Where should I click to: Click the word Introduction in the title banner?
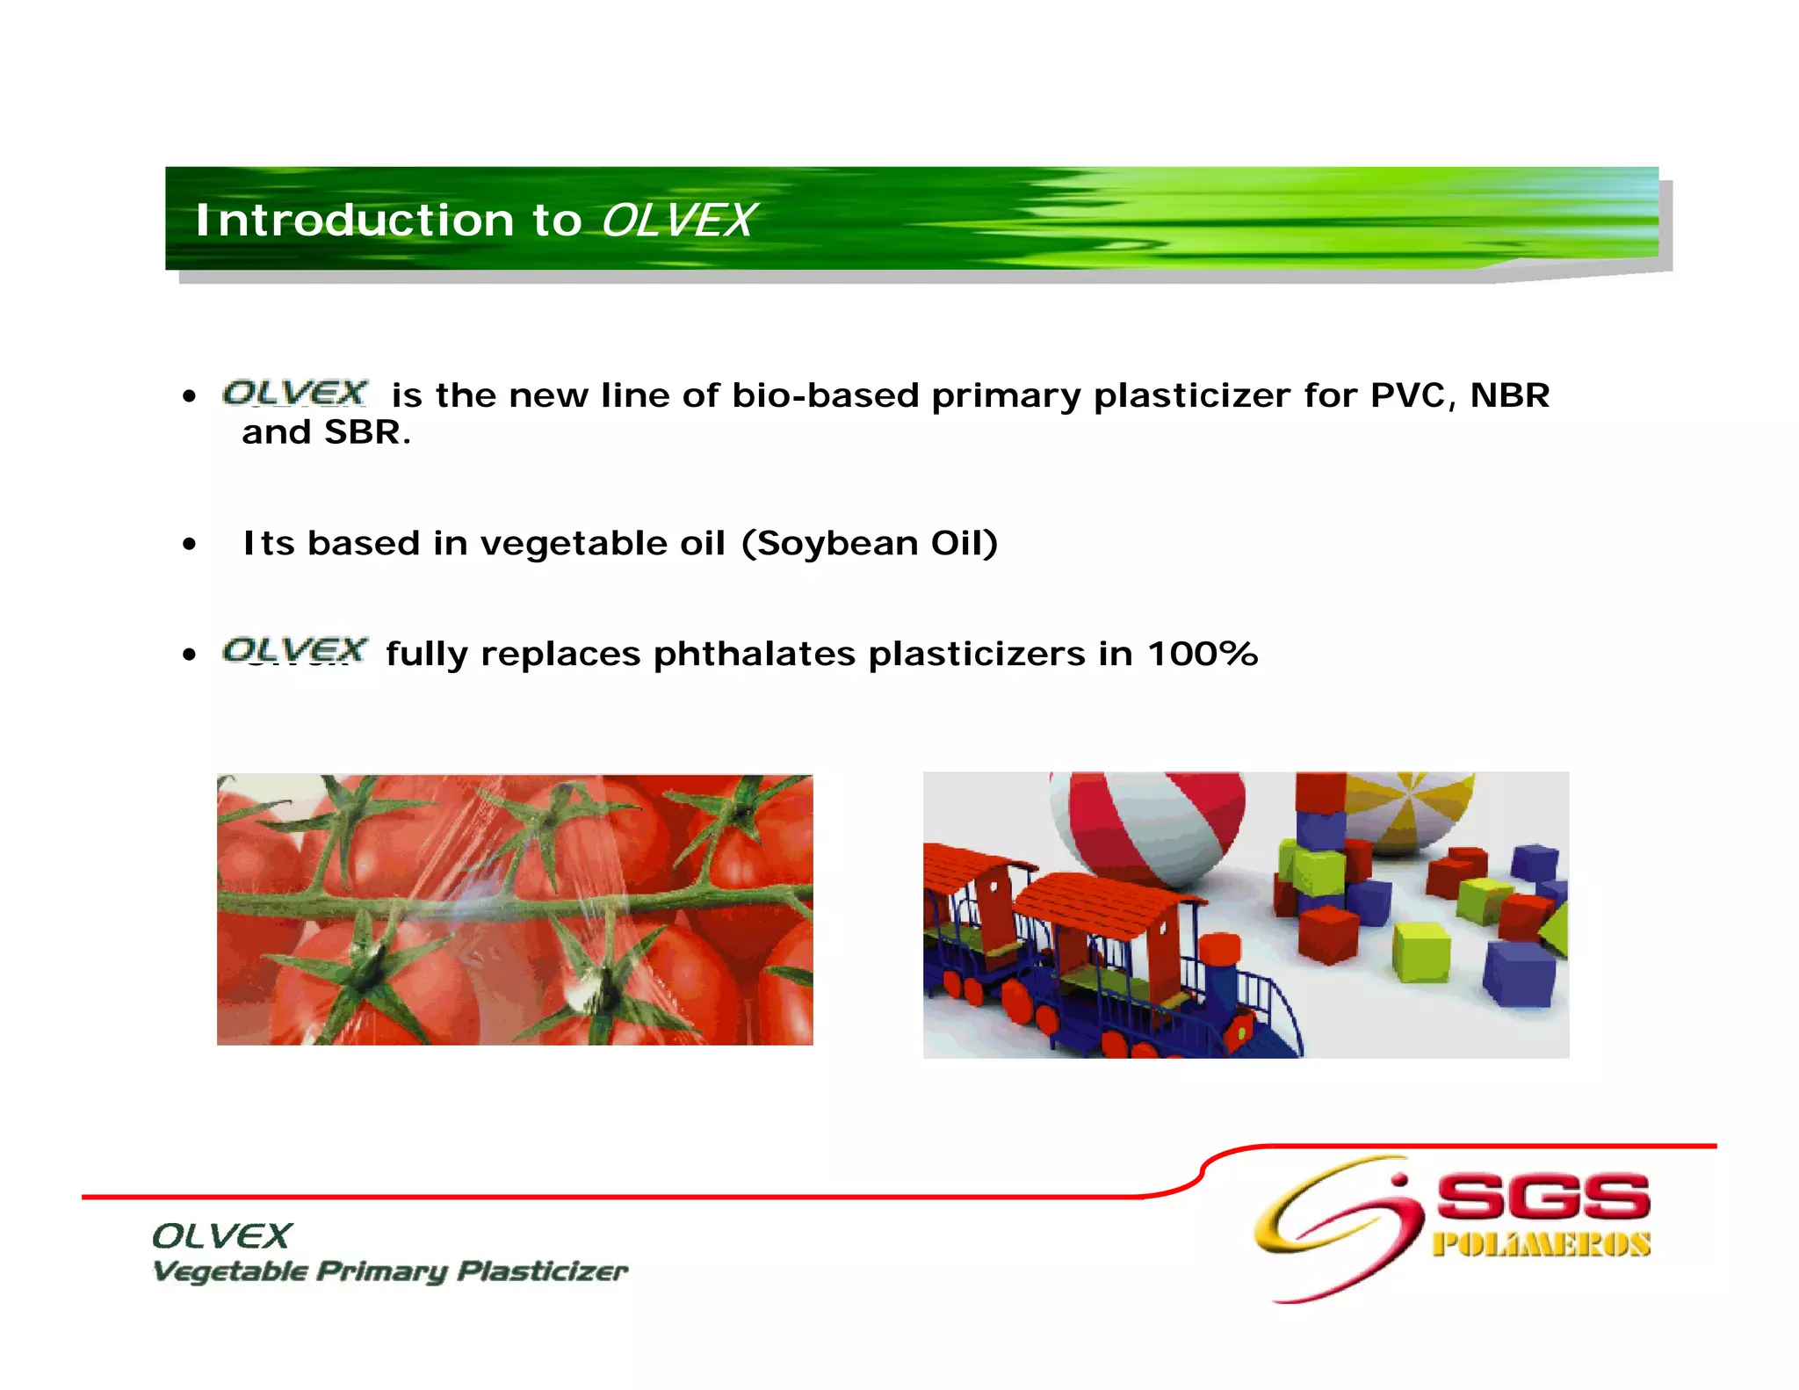click(x=354, y=220)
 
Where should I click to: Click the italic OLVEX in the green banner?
click(x=676, y=220)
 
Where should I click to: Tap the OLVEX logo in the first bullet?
click(x=294, y=393)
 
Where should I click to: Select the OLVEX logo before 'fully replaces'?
click(x=294, y=651)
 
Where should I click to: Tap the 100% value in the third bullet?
click(x=1202, y=654)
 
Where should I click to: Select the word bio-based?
click(x=825, y=395)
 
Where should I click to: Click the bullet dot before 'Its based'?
click(x=189, y=545)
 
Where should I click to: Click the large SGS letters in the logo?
click(x=1543, y=1197)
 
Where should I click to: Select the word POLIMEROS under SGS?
click(x=1541, y=1245)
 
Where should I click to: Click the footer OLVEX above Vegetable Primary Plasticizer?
click(x=220, y=1236)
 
